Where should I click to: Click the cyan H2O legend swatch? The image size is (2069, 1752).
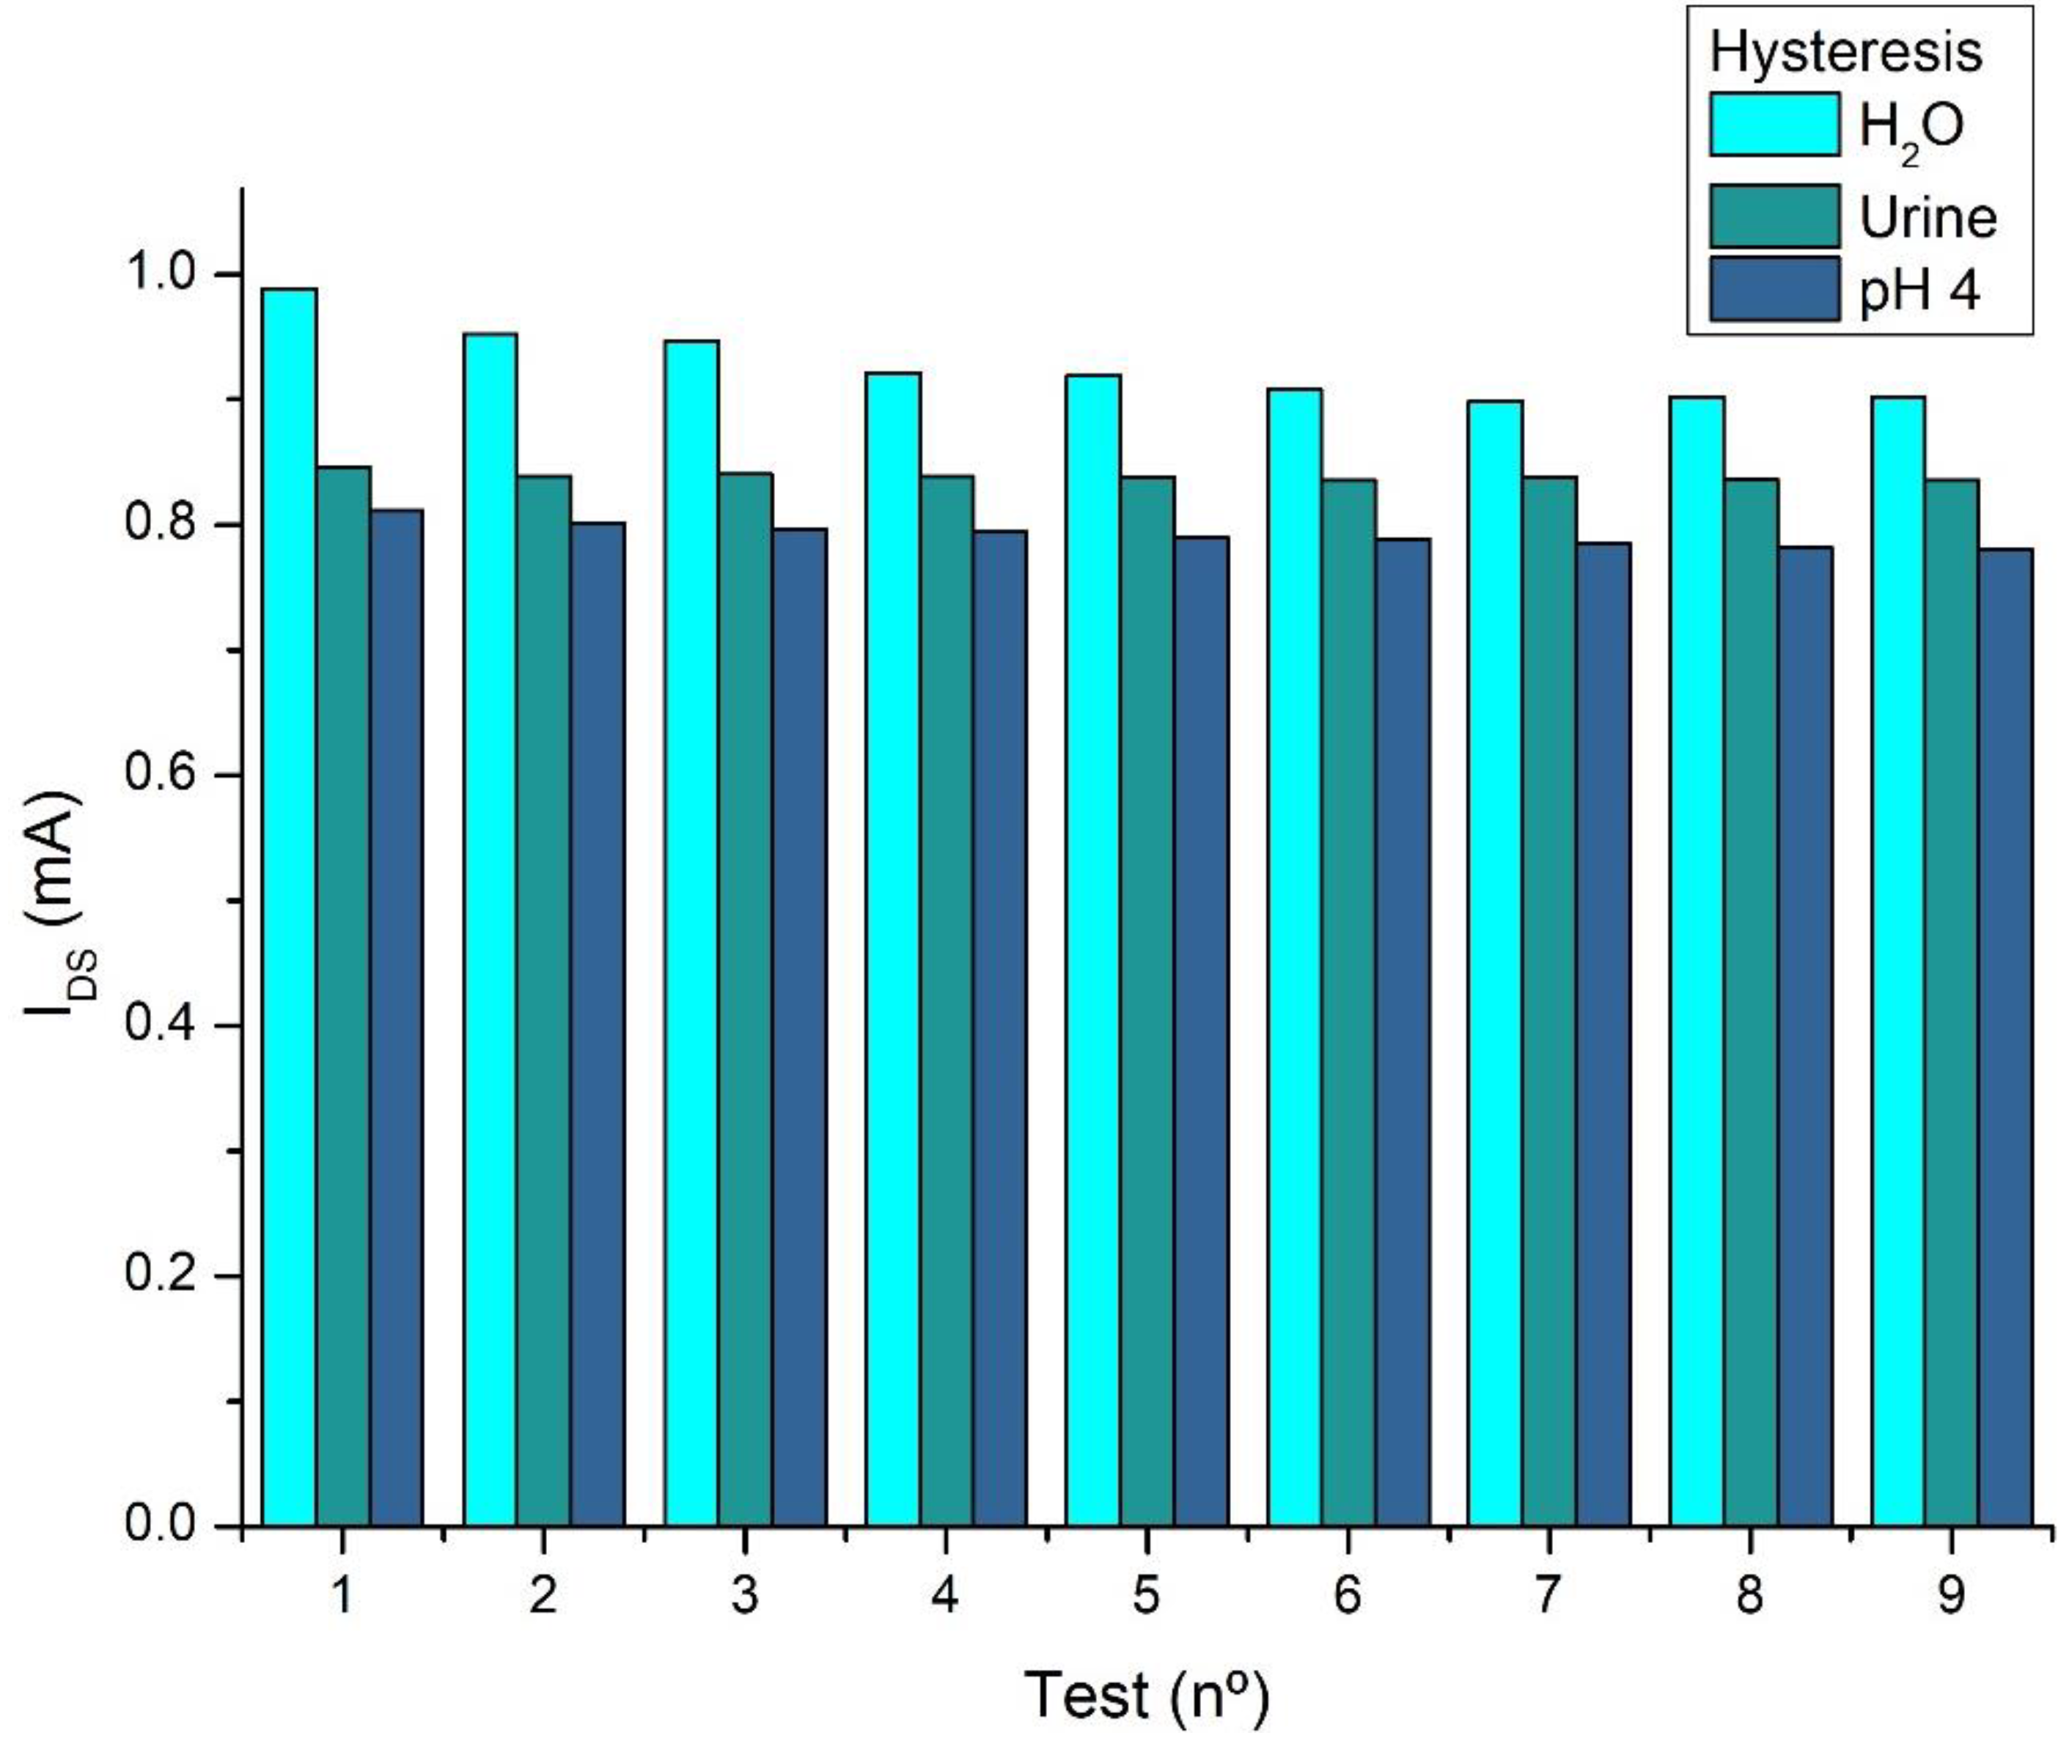[1774, 124]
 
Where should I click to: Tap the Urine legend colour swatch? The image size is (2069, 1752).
[1774, 216]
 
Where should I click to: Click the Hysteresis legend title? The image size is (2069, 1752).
[1845, 51]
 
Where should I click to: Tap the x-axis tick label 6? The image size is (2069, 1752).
[1348, 1595]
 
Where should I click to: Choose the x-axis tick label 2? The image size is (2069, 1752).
[543, 1595]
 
